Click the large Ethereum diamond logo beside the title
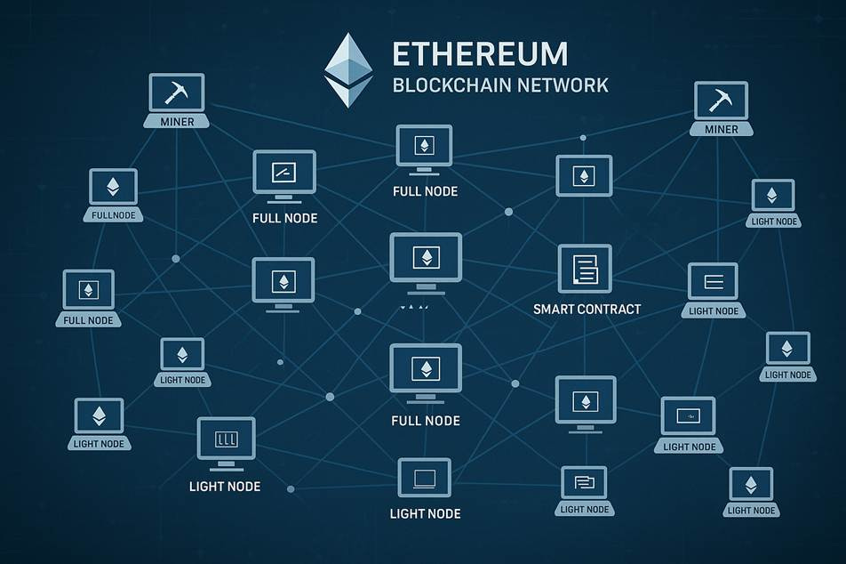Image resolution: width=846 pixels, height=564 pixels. [347, 70]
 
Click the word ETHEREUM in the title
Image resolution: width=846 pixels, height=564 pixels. [480, 53]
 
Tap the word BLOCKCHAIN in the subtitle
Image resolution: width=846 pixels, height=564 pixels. [452, 85]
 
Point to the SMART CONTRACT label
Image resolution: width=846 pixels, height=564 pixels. [587, 310]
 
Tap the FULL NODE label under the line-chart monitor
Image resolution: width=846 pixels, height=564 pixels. [284, 218]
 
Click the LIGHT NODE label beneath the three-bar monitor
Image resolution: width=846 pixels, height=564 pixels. [225, 487]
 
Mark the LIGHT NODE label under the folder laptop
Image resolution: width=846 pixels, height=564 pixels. [585, 510]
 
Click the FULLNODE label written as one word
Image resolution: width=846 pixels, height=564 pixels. [114, 215]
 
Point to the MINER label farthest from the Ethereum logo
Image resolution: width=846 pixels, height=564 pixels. [721, 130]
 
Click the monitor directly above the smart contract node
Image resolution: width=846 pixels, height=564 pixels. [584, 175]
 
